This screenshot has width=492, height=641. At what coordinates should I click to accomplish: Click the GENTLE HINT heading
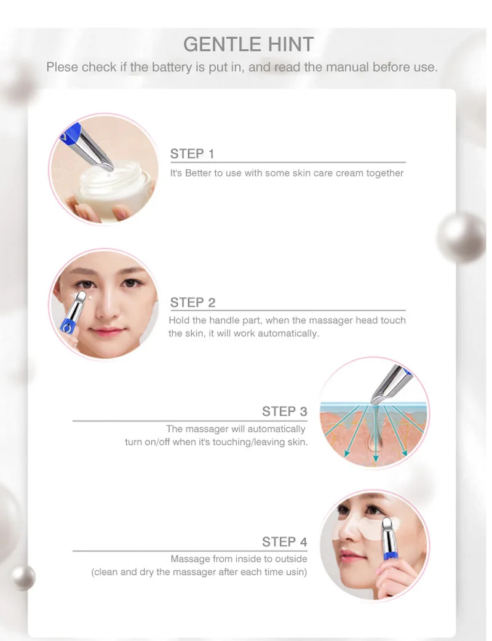point(248,44)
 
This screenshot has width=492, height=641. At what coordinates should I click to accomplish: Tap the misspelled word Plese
point(62,67)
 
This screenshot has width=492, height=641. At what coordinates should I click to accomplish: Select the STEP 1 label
point(192,154)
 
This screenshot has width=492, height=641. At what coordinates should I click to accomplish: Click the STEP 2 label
point(192,303)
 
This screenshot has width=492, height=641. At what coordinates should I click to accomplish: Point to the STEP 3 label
point(284,412)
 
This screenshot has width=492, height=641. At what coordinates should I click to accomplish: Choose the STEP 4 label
point(284,542)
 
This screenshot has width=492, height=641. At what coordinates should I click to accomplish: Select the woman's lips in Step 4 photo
point(347,556)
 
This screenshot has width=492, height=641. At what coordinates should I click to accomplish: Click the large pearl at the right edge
point(461,237)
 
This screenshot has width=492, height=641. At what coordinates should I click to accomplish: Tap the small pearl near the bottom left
point(23,578)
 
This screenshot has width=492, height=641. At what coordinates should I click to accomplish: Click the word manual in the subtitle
point(349,67)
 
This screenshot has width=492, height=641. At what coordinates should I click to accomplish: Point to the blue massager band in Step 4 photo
point(391,555)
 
